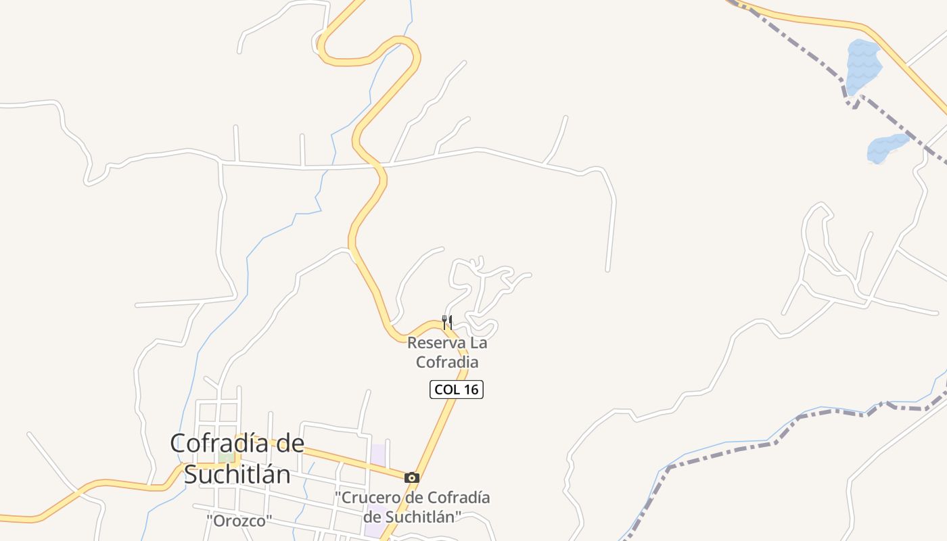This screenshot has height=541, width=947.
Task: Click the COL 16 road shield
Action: tap(457, 390)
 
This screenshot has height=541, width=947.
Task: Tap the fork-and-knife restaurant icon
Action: tap(446, 322)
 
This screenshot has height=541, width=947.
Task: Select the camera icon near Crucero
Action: tap(411, 477)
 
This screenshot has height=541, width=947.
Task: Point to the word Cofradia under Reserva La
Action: tap(447, 362)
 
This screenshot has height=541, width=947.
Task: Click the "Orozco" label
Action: tap(239, 521)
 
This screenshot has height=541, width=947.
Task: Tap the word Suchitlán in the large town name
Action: tap(237, 475)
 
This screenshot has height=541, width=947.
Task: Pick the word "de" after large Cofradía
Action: tap(290, 443)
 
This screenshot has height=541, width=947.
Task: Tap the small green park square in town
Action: tap(226, 458)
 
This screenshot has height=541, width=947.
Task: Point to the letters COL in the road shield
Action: tap(447, 390)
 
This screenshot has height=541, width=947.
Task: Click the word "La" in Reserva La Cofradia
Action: tap(478, 343)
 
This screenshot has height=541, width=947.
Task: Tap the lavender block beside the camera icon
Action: tap(378, 454)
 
